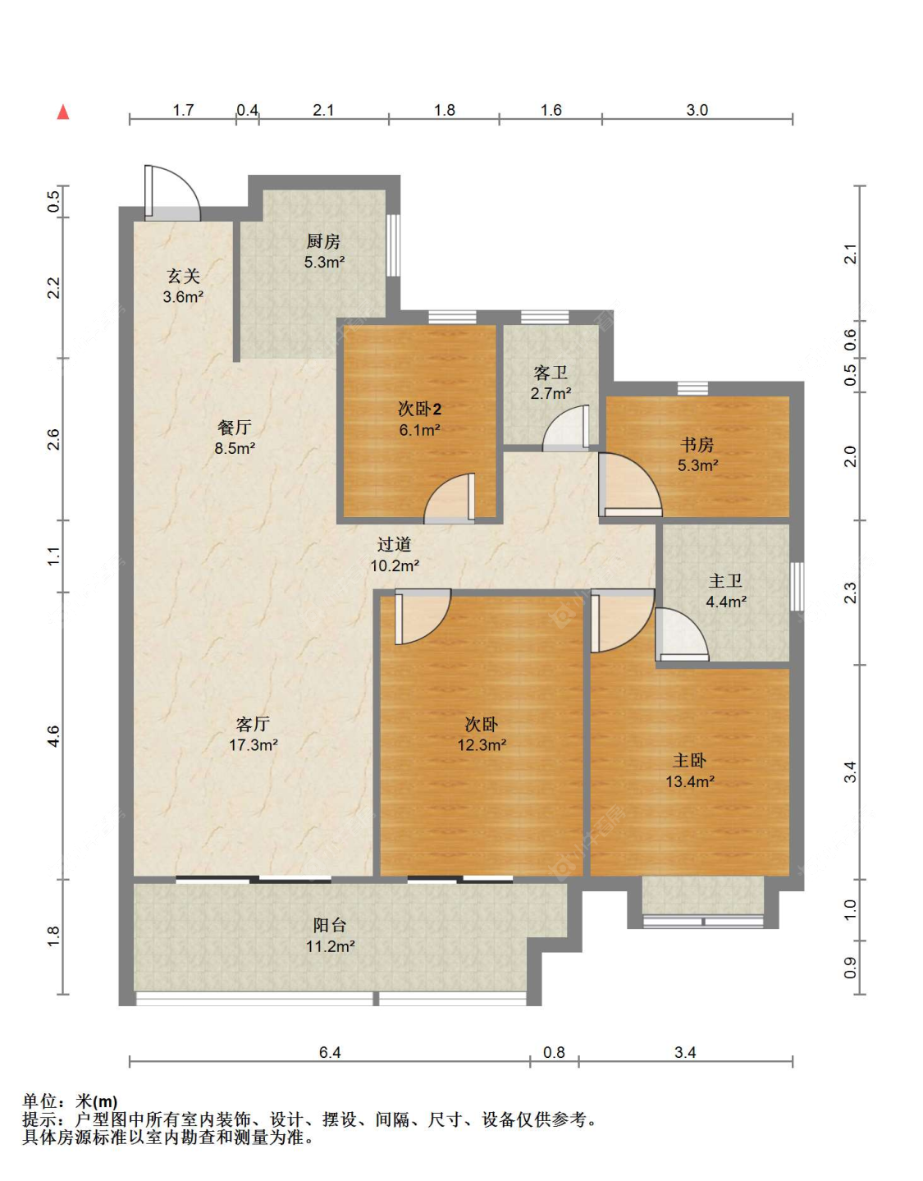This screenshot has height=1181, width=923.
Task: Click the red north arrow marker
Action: pos(63,112)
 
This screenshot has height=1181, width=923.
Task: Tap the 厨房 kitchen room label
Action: pos(324,240)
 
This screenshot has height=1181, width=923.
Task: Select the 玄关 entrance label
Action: pos(183,276)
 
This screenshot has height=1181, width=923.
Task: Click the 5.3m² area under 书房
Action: pos(697,465)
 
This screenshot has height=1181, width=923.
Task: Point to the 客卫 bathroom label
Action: pos(551,373)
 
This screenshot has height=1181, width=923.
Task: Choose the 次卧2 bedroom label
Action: pos(419,409)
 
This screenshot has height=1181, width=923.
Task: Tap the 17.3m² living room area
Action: pos(254,744)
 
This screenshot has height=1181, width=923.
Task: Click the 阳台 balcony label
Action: pos(330,924)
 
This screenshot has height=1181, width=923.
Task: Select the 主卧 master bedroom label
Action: pos(689,760)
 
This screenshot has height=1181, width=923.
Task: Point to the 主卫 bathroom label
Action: pos(725,581)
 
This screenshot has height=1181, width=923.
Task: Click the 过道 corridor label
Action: pos(395,544)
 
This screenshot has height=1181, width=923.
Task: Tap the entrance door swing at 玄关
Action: pos(173,194)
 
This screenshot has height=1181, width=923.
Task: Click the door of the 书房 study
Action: pos(630,485)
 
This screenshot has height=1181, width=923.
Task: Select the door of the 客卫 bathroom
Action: pos(566,428)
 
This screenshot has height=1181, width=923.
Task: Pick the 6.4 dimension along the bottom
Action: pos(330,1053)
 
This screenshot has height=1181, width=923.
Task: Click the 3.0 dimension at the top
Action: pos(697,110)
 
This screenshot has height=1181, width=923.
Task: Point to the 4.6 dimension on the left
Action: pos(53,736)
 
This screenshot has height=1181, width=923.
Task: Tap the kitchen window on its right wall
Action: pos(393,245)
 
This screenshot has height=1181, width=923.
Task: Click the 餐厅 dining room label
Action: pos(235,428)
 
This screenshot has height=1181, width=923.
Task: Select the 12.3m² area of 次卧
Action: pos(482,744)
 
